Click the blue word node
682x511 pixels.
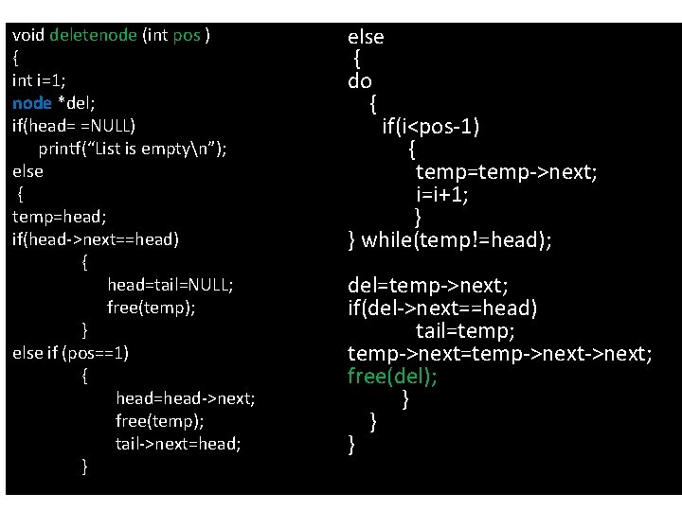pyautogui.click(x=31, y=103)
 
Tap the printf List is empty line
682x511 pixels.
pyautogui.click(x=145, y=149)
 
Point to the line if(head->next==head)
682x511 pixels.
pyautogui.click(x=95, y=239)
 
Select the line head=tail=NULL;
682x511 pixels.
pyautogui.click(x=170, y=285)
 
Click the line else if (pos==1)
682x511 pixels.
pyautogui.click(x=71, y=353)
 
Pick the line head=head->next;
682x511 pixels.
pyautogui.click(x=185, y=398)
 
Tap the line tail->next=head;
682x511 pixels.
pyautogui.click(x=178, y=444)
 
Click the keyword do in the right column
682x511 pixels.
pyautogui.click(x=360, y=81)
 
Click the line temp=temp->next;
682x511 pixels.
pyautogui.click(x=506, y=171)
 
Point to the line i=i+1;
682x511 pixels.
pyautogui.click(x=442, y=195)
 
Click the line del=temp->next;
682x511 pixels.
pyautogui.click(x=428, y=285)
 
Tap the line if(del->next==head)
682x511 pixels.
pyautogui.click(x=442, y=308)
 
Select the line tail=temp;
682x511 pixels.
pyautogui.click(x=465, y=331)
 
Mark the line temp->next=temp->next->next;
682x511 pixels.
pyautogui.click(x=499, y=354)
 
